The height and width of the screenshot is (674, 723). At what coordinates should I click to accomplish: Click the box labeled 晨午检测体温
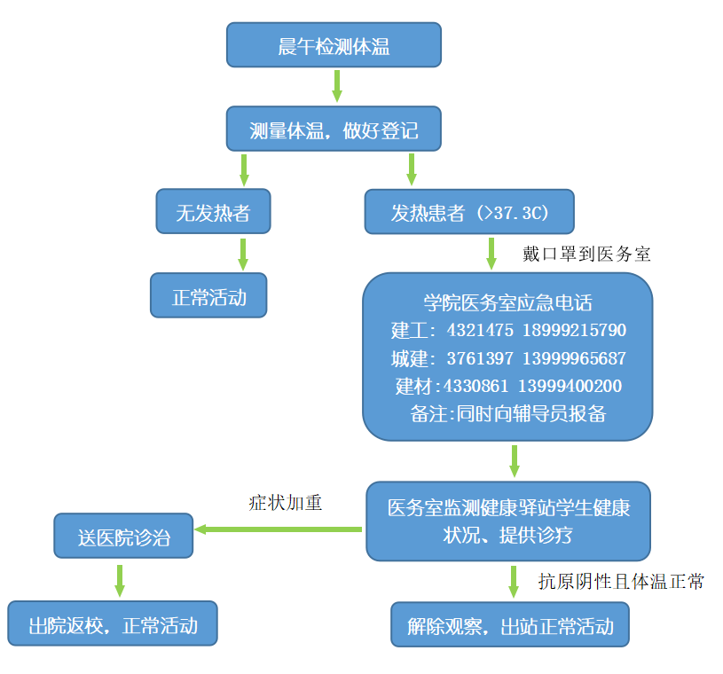(x=333, y=45)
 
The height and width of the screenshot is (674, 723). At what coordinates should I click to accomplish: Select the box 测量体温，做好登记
(x=333, y=129)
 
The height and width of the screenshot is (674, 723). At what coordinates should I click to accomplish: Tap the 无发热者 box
(x=213, y=211)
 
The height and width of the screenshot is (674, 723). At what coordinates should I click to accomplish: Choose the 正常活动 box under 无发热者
(x=208, y=295)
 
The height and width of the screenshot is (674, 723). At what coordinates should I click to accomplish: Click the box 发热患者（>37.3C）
(x=469, y=213)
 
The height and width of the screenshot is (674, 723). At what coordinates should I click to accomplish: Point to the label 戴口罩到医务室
(x=586, y=254)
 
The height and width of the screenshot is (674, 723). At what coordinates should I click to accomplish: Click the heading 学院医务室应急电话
(x=507, y=302)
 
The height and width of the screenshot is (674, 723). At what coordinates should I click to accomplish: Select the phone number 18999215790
(x=574, y=331)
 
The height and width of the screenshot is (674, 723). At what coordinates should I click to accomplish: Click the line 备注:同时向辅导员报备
(x=507, y=413)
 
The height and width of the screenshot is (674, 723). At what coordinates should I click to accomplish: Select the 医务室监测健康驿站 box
(x=508, y=521)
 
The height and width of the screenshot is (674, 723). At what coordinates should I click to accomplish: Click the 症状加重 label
(x=285, y=503)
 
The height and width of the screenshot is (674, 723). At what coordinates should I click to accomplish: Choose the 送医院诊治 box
(x=123, y=536)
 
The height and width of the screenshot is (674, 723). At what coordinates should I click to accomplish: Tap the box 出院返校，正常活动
(x=113, y=623)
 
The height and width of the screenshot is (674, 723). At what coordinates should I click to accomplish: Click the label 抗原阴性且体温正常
(x=621, y=582)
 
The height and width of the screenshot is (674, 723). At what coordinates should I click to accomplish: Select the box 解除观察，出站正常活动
(x=510, y=624)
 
